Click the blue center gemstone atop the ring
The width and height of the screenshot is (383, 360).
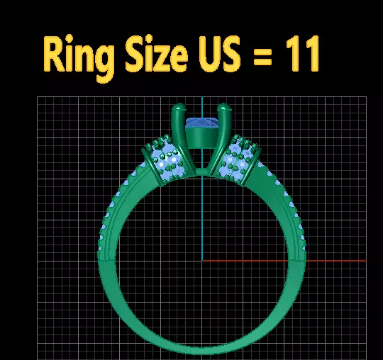coord(202,124)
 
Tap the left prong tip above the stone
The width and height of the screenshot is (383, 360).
coord(177,109)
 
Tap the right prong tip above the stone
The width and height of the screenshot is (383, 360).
coord(225,109)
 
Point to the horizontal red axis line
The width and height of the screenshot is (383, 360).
coord(284,260)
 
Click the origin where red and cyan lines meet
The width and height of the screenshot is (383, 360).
coord(202,260)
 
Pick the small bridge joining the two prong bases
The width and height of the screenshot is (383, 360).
coord(201,172)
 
